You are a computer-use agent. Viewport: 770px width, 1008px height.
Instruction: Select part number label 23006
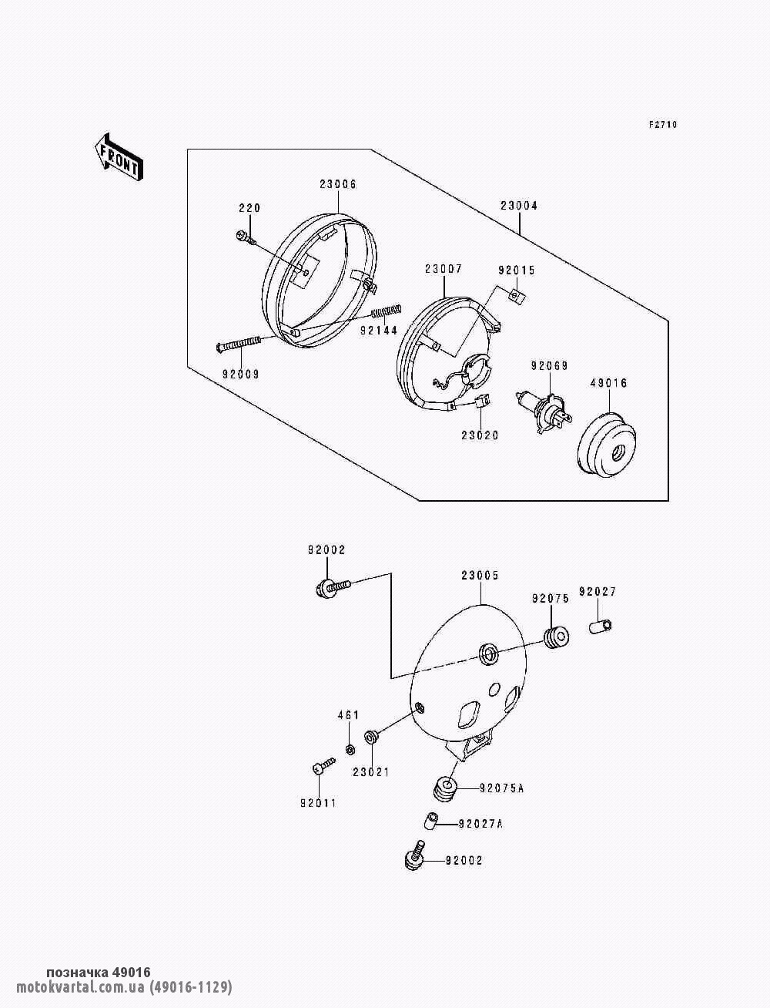[338, 184]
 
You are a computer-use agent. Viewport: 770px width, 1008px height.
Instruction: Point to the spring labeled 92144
[386, 312]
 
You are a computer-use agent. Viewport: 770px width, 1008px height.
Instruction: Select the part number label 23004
[518, 206]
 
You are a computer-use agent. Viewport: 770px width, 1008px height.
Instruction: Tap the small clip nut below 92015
[515, 294]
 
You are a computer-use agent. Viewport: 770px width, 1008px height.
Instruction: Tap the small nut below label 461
[349, 749]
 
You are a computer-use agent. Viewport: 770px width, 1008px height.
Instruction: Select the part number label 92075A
[501, 788]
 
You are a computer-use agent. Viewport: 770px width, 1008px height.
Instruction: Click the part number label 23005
[480, 575]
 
